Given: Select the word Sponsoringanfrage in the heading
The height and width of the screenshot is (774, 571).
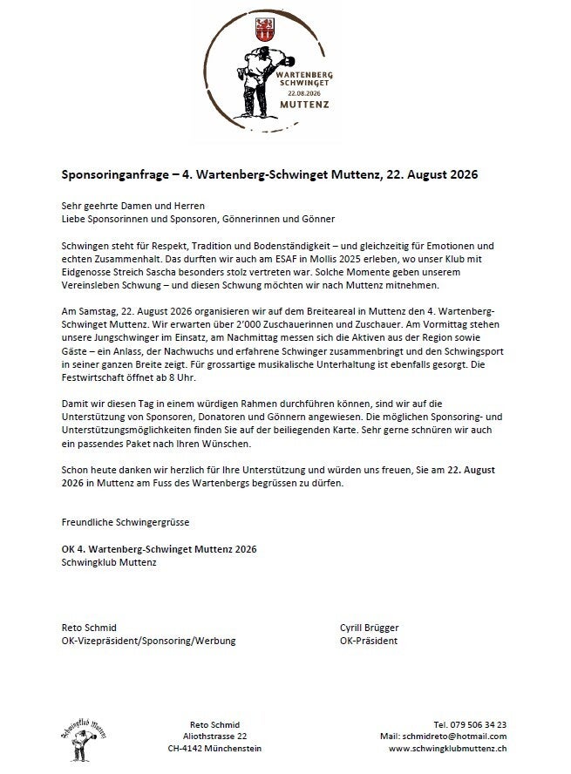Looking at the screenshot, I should [113, 174].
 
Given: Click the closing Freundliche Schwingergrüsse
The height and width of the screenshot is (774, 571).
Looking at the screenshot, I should [126, 522].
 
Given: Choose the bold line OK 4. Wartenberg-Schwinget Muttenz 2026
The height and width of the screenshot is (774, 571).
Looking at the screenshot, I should [160, 549].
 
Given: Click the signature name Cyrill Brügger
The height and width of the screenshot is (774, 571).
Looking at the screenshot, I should [370, 628].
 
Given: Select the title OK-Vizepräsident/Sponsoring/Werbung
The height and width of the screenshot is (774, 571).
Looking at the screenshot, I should [148, 641].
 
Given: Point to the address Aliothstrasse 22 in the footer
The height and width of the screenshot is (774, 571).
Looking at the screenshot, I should [214, 737].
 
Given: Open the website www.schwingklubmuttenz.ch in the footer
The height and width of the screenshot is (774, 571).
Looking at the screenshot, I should [448, 749].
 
